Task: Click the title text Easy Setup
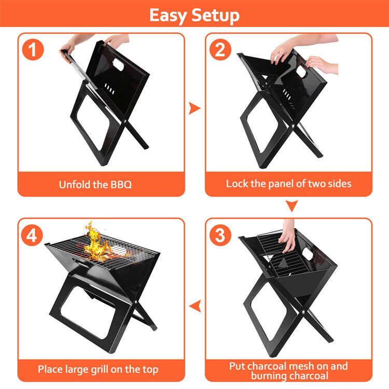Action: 195,15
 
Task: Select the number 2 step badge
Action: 220,50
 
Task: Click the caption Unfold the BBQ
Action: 95,184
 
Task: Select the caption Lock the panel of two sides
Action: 288,184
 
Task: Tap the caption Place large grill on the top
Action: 98,369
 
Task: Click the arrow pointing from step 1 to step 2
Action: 195,108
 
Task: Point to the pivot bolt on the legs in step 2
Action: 294,126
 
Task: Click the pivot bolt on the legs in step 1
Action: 127,122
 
